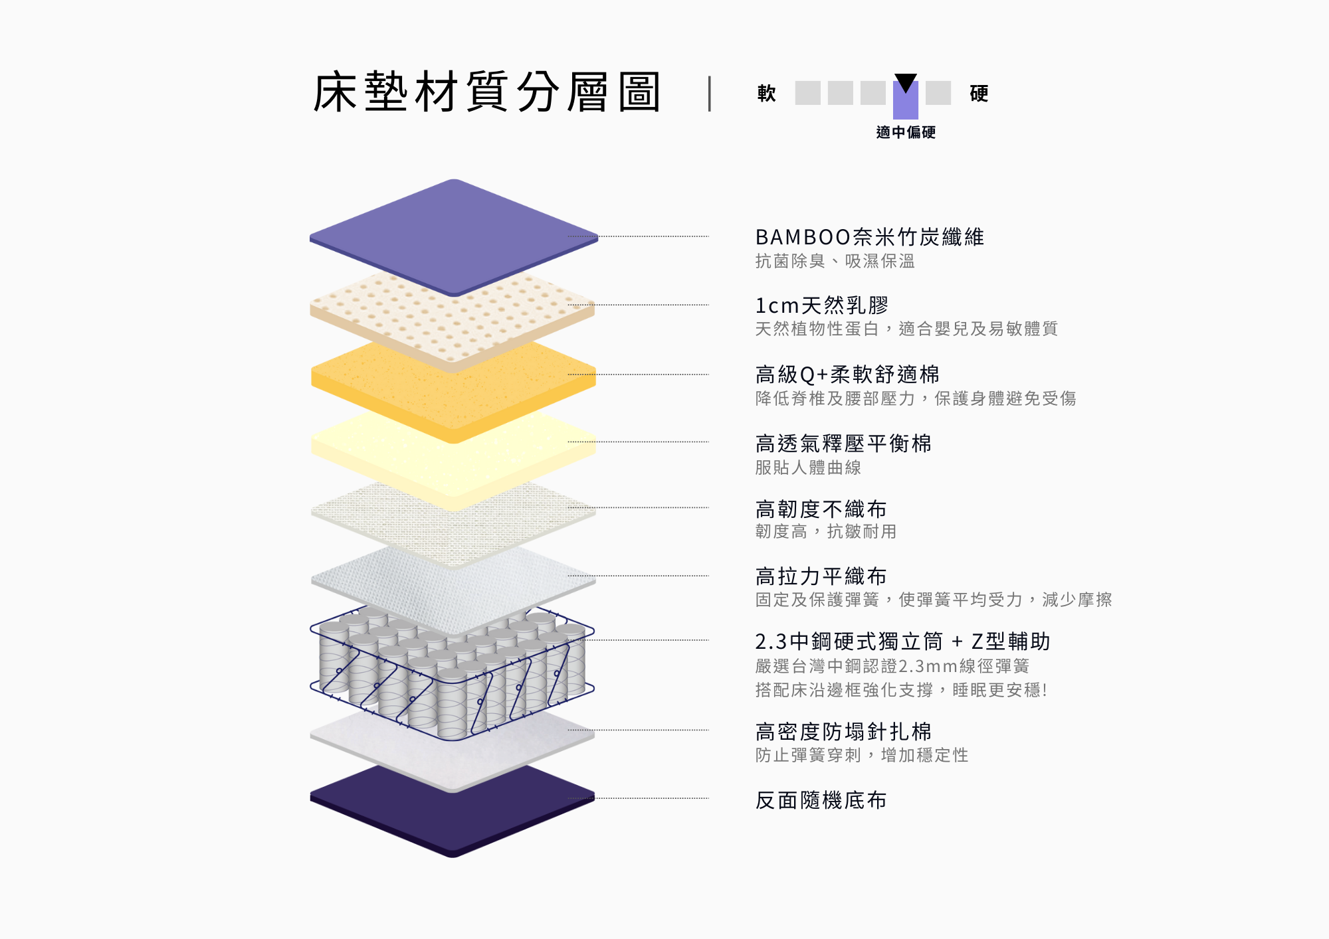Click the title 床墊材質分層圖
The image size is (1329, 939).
[x=486, y=92]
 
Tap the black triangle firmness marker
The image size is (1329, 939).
[x=906, y=82]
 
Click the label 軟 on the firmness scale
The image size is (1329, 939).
[x=767, y=93]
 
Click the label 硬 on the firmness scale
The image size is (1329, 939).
[x=979, y=93]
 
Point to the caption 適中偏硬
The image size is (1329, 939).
[x=906, y=132]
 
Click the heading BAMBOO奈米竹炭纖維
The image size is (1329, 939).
[x=870, y=237]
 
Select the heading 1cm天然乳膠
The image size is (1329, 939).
[x=822, y=305]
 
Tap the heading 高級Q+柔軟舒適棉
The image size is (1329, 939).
[x=847, y=375]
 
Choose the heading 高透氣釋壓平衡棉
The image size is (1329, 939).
[x=844, y=443]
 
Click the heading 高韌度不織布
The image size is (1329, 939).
[x=821, y=509]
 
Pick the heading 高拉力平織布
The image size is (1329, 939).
[x=821, y=576]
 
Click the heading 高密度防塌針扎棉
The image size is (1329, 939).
[x=844, y=732]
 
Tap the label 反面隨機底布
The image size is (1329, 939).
[x=821, y=800]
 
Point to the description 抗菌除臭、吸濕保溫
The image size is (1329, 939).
[x=835, y=261]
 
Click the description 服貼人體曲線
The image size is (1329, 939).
[x=808, y=468]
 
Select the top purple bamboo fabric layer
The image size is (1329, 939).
[x=454, y=237]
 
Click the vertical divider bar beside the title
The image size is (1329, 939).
[x=710, y=93]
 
